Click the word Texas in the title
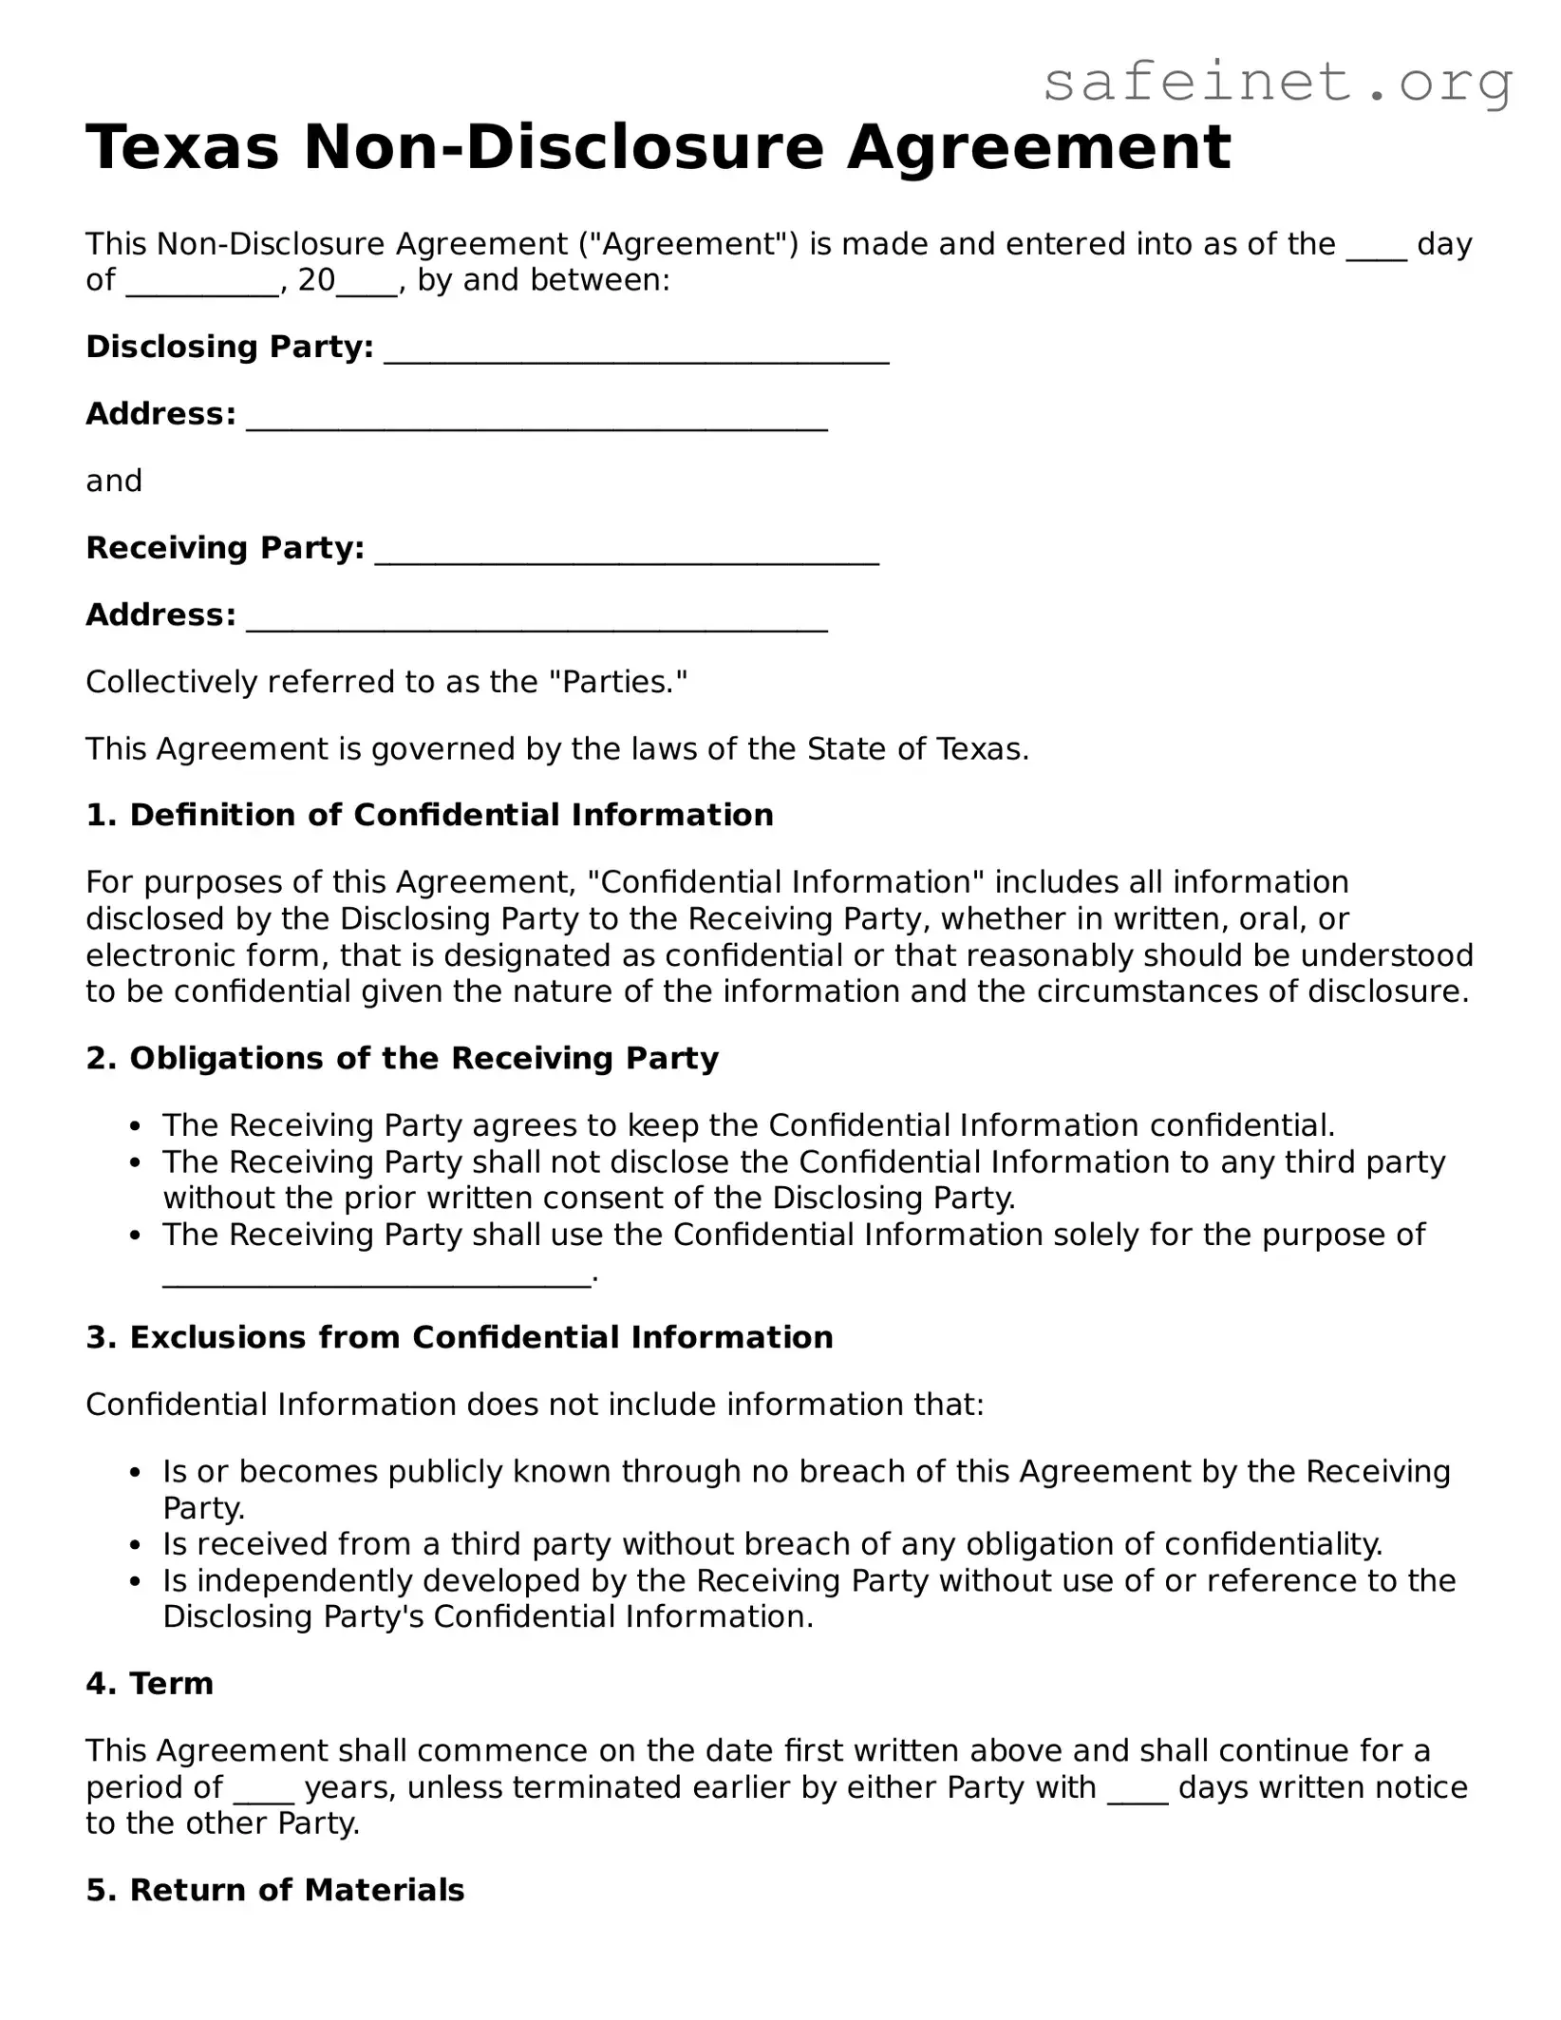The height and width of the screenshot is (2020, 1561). coord(183,148)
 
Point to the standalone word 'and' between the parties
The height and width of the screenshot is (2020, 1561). coord(114,481)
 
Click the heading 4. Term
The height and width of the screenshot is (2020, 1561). coord(149,1683)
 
